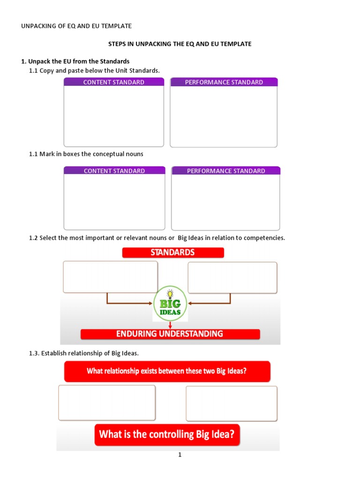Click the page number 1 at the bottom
tap(180, 455)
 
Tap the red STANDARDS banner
tap(173, 253)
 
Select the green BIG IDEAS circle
tap(170, 304)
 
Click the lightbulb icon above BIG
tap(170, 293)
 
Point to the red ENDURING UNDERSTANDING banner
tap(170, 334)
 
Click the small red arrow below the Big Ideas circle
tap(170, 325)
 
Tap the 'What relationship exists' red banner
tap(167, 371)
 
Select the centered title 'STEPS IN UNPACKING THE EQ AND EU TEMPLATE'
tap(180, 44)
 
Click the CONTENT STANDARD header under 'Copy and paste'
tap(114, 82)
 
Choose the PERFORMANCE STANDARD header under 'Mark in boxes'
tap(226, 171)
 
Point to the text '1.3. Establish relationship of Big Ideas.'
tap(84, 353)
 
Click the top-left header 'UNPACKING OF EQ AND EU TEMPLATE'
tap(76, 26)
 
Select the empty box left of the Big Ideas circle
tap(110, 277)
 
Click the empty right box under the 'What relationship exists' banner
tap(231, 403)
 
